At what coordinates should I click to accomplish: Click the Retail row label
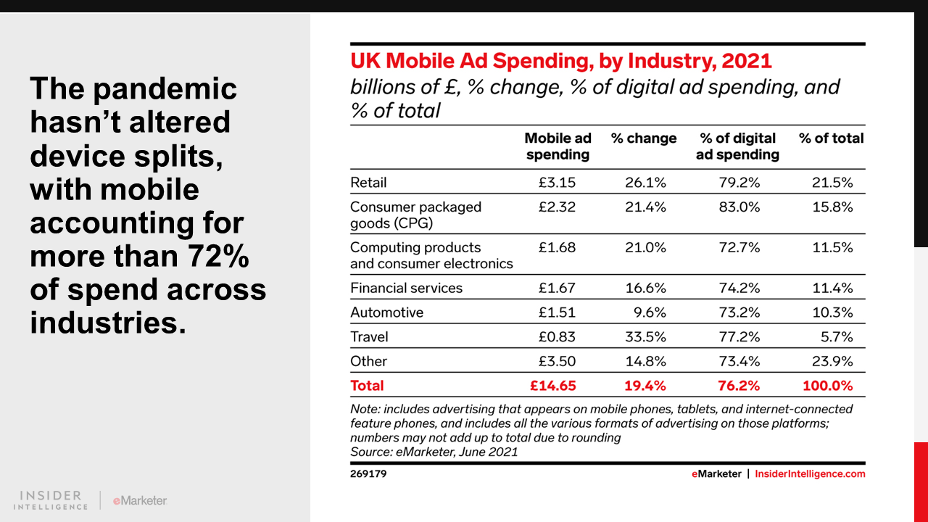(368, 182)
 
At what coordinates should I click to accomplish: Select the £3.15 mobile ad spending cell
(557, 182)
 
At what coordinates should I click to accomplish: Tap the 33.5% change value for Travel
(645, 336)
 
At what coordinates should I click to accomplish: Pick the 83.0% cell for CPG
(739, 207)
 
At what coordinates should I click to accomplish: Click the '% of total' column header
(832, 138)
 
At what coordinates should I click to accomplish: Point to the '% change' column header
(644, 138)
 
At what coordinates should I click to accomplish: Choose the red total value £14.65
(553, 386)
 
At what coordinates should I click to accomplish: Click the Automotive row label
(386, 312)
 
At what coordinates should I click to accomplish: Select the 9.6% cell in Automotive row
(650, 312)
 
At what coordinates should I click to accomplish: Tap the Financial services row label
(406, 288)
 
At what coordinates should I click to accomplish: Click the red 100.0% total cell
(828, 386)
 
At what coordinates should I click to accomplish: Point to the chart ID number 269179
(368, 474)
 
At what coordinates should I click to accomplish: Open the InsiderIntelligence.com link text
(810, 474)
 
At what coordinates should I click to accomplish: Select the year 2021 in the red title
(747, 61)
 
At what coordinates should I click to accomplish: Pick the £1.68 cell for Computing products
(557, 247)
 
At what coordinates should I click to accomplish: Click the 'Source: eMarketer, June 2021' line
(434, 452)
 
